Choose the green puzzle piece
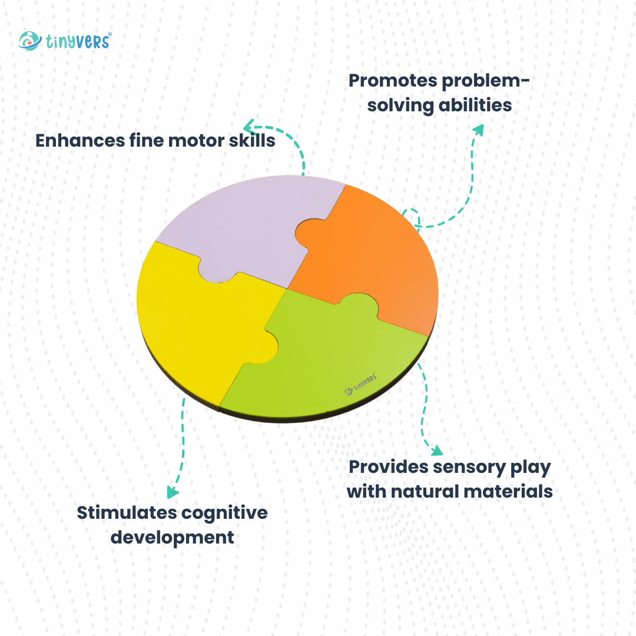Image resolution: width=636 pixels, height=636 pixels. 330,359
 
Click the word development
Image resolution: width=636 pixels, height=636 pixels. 173,538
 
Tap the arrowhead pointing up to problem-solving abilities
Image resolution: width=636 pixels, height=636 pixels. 478,130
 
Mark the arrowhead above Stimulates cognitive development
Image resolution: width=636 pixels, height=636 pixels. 172,492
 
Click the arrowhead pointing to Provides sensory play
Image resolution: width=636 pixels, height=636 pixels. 436,451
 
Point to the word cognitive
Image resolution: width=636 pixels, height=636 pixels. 224,512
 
